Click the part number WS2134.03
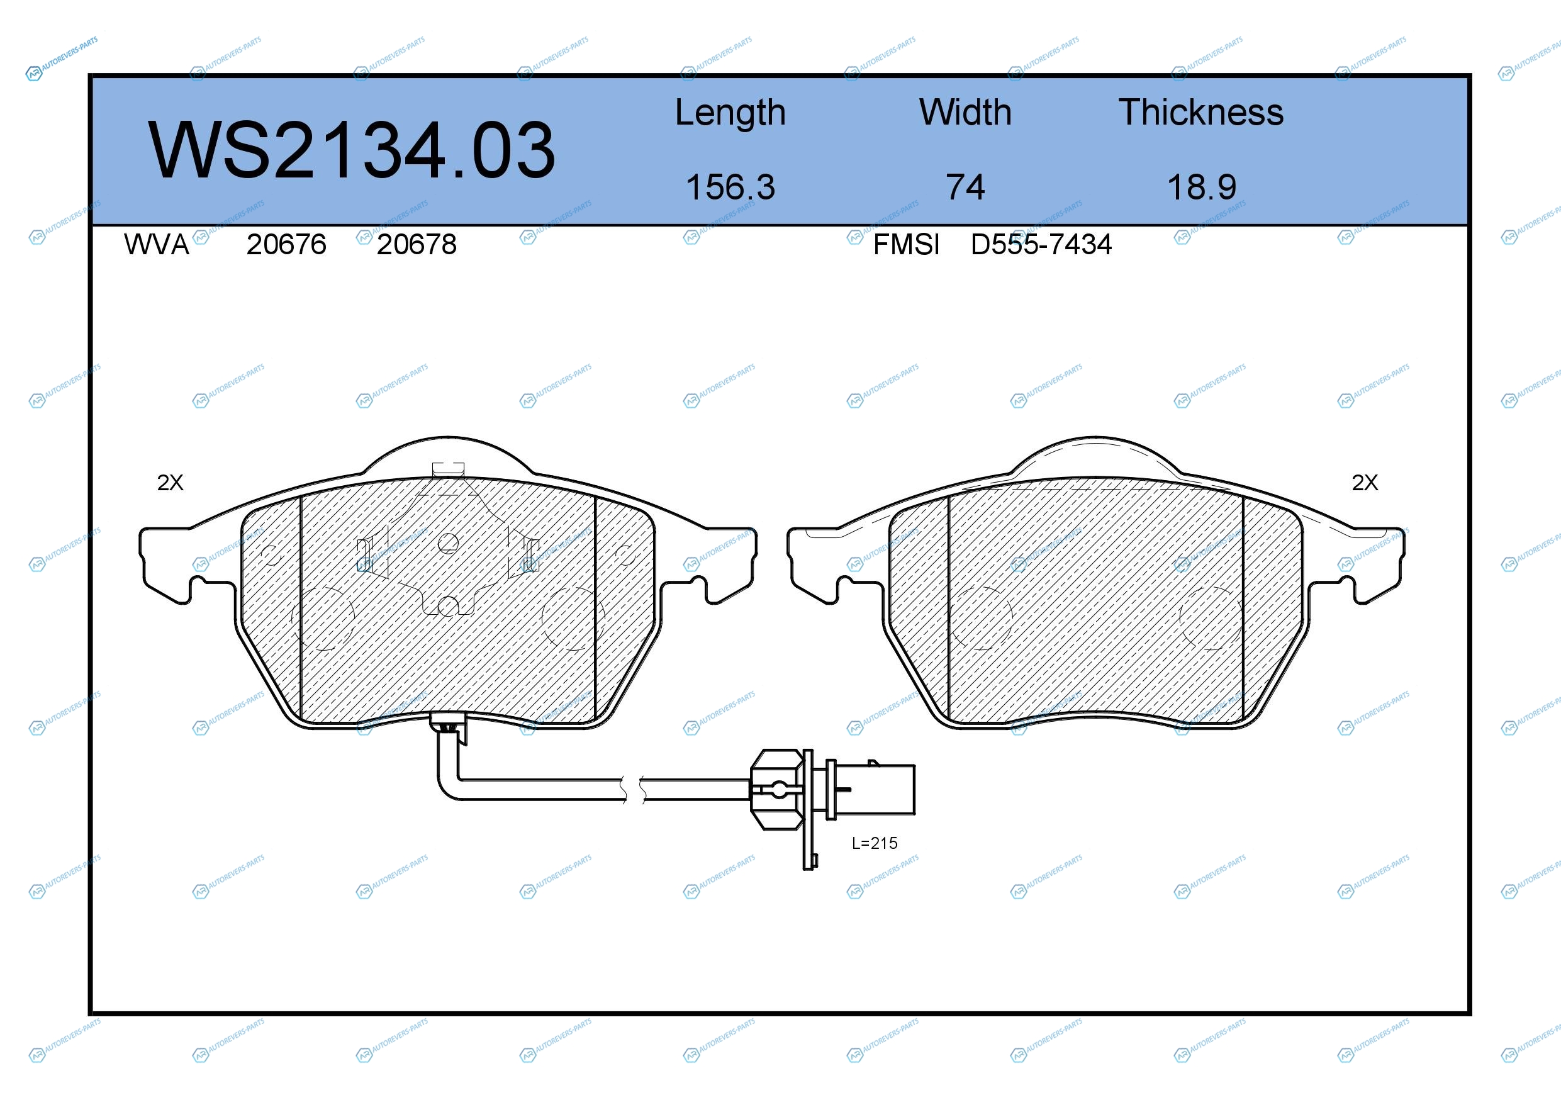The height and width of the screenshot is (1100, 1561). pos(352,150)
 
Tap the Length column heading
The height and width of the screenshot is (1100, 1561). pos(730,113)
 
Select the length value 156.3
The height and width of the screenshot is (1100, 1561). pos(730,187)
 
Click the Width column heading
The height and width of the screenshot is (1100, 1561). pos(965,112)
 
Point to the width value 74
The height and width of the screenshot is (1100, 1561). pos(965,187)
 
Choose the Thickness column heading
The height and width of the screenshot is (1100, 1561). pos(1200,112)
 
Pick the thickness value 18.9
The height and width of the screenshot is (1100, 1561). pos(1201,187)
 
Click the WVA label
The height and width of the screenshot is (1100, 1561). pos(157,245)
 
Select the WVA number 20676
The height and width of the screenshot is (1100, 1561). pos(286,245)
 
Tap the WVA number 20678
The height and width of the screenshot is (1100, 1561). pos(417,245)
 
